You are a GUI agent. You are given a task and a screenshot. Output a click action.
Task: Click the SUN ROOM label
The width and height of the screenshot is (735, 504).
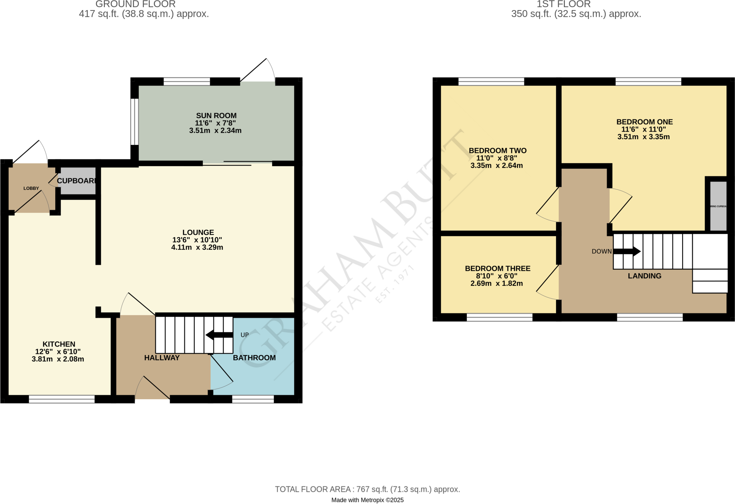[x=216, y=116]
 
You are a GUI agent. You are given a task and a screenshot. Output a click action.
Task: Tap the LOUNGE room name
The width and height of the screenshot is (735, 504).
[x=198, y=232]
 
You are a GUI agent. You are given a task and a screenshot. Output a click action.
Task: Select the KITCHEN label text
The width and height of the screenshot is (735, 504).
[x=59, y=344]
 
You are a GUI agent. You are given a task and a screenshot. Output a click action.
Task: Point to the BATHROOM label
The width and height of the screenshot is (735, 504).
[x=254, y=358]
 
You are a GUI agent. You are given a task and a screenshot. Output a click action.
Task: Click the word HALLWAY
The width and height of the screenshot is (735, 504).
[x=162, y=358]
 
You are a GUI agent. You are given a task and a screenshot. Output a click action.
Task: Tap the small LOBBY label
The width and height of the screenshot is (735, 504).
[x=31, y=188]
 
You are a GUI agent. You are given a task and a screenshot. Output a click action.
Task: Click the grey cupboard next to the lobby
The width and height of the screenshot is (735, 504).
[x=78, y=181]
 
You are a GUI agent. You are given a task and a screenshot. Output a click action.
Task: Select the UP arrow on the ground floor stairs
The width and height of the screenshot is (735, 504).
[x=219, y=335]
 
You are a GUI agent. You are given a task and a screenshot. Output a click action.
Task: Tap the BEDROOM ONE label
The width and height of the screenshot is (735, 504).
[x=644, y=122]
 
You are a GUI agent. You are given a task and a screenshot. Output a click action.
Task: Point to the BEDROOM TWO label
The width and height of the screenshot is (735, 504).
[x=497, y=151]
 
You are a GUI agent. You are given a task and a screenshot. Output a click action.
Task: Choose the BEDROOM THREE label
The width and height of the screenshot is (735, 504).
[x=497, y=268]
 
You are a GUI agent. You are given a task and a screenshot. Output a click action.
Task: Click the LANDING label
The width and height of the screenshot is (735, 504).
[x=644, y=276]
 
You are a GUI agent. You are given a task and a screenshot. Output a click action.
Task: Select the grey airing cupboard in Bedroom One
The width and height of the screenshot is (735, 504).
[x=718, y=206]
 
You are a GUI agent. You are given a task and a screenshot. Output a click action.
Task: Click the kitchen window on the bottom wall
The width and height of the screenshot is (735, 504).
[x=62, y=399]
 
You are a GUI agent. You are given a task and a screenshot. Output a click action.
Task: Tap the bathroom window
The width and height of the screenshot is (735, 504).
[x=253, y=399]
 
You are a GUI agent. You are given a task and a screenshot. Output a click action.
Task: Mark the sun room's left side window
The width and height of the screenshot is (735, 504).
[x=134, y=122]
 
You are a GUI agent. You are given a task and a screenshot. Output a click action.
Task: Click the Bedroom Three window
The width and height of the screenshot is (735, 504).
[x=499, y=317]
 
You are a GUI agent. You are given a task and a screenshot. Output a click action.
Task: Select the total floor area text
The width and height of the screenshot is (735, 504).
[x=367, y=489]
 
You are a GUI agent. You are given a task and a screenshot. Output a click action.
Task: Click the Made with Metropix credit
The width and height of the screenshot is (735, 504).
[x=367, y=500]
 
